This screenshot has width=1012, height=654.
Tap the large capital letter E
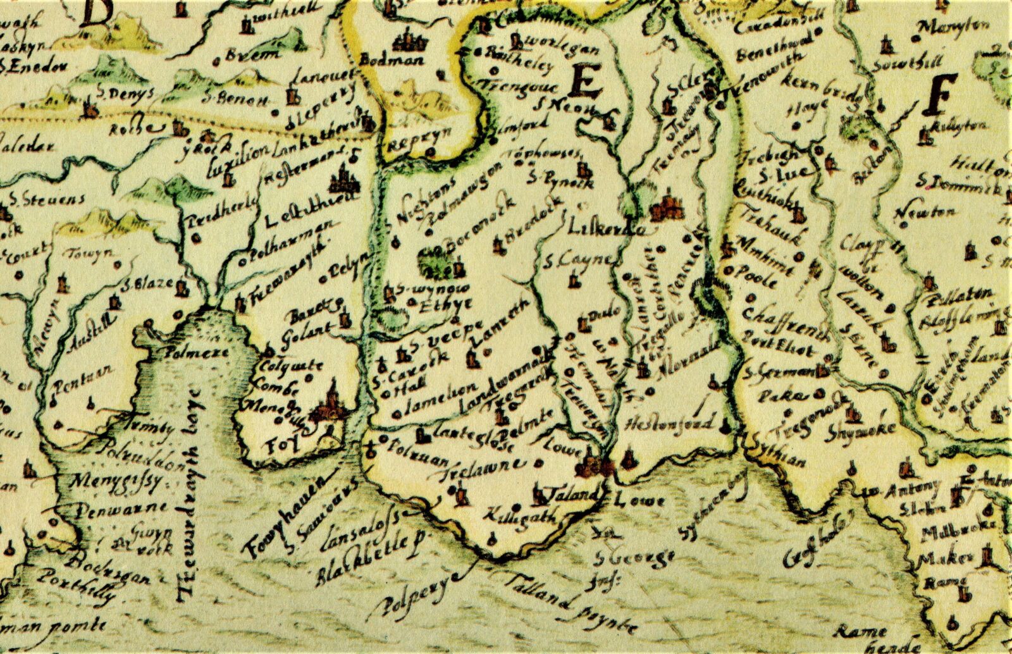coord(586,82)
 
